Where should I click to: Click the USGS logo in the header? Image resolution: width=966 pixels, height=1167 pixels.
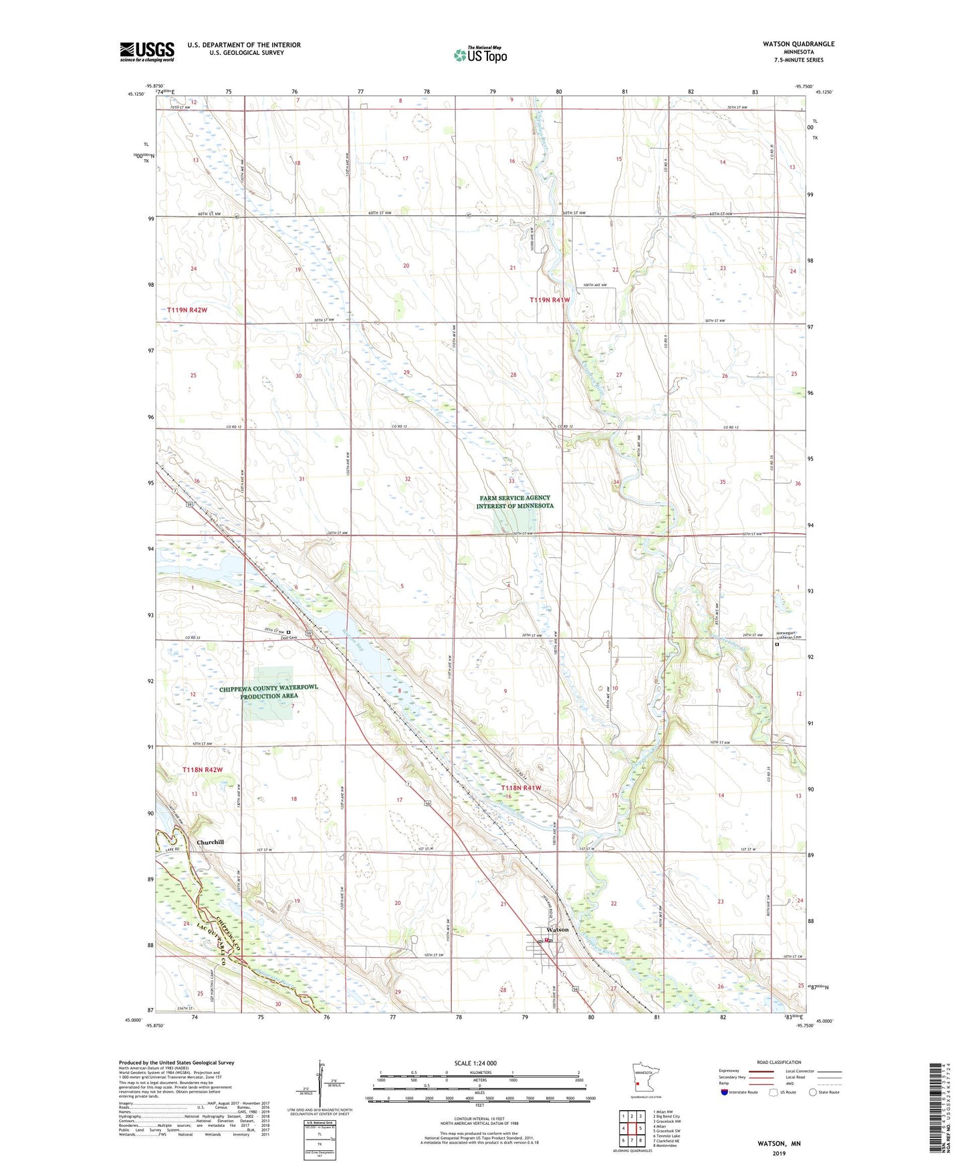coord(147,51)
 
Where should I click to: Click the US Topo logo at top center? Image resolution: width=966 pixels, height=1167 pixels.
coord(480,55)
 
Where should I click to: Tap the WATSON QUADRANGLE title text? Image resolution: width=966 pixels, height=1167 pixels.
coord(798,44)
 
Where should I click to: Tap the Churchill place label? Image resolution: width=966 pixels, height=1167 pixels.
coord(210,842)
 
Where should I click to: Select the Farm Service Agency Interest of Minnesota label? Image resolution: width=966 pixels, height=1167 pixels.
coord(515,502)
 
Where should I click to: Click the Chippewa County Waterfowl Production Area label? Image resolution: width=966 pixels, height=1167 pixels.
coord(269,692)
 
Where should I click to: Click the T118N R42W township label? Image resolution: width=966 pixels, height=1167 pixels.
coord(202,770)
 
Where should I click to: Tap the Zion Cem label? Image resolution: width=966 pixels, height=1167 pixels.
coord(289,637)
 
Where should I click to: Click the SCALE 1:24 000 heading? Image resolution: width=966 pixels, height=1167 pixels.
coord(475,1063)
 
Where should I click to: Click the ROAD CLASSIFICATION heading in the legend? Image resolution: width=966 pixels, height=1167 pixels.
coord(779,1062)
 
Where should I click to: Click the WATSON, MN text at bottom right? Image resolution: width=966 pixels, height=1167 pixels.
coord(779,1144)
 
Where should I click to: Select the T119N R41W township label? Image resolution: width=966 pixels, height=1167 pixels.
coord(550,300)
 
